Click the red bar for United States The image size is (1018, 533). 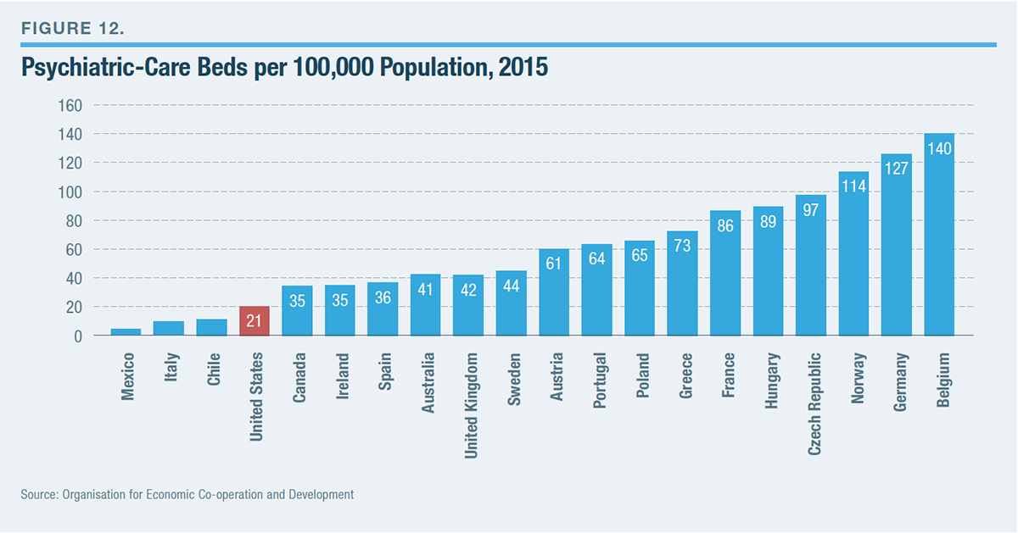pyautogui.click(x=255, y=321)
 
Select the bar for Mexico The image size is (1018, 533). pyautogui.click(x=126, y=332)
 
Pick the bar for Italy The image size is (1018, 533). pyautogui.click(x=169, y=329)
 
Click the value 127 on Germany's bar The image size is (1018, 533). pyautogui.click(x=897, y=168)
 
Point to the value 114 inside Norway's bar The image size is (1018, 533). pyautogui.click(x=853, y=186)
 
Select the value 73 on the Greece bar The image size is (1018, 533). pyautogui.click(x=683, y=246)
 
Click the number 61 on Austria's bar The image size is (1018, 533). pyautogui.click(x=554, y=264)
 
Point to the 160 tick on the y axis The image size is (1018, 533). pyautogui.click(x=69, y=106)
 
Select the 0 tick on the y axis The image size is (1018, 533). pyautogui.click(x=76, y=336)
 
